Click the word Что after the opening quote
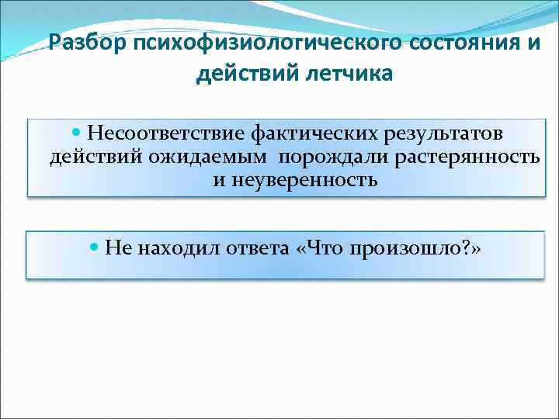tap(323, 248)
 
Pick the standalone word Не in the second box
tap(119, 248)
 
